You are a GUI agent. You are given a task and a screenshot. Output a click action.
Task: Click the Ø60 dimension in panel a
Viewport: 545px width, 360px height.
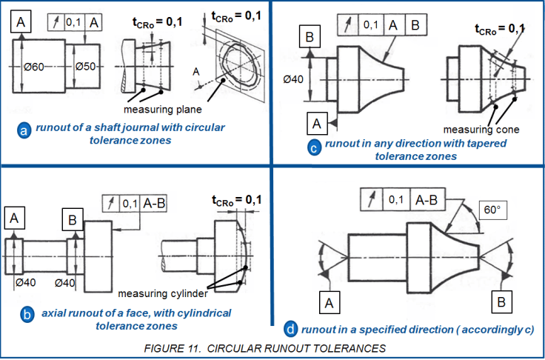(35, 67)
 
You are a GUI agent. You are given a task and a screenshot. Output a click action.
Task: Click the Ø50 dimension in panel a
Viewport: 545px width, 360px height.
(87, 67)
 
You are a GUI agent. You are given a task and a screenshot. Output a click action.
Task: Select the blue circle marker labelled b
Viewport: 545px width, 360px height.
(26, 315)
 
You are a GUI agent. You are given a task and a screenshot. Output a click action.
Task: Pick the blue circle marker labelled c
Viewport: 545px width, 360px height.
(314, 147)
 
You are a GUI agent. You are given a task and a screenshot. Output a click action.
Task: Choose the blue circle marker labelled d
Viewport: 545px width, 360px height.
(291, 328)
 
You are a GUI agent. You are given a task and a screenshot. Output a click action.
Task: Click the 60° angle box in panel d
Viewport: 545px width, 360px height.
(492, 210)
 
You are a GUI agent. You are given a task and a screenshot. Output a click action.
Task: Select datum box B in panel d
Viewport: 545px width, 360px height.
(501, 302)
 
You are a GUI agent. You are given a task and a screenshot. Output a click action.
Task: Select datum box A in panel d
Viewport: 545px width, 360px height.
(327, 302)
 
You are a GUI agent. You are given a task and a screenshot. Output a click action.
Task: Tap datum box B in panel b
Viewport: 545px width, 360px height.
(73, 220)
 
